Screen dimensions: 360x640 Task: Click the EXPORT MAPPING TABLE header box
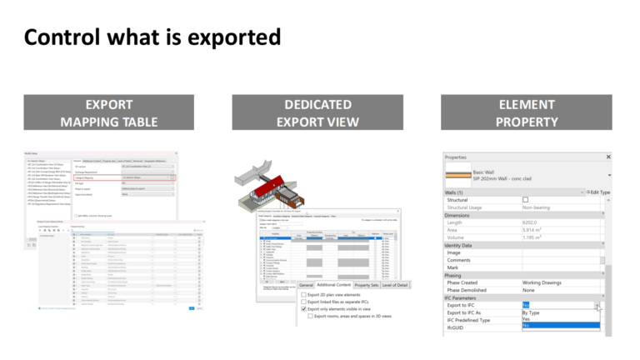coord(108,113)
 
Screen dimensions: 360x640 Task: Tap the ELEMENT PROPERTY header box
coord(527,113)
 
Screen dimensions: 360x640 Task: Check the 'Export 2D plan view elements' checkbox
coord(303,294)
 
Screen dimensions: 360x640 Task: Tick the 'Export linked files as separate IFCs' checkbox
coord(303,302)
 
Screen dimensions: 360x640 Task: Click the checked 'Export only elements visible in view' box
coord(303,309)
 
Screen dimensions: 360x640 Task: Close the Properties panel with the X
coord(607,157)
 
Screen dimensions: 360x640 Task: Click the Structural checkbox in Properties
coord(525,200)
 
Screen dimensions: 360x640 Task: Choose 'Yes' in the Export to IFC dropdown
coord(527,319)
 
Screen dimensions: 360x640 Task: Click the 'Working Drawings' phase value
coord(550,282)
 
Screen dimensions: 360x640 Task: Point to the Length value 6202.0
coord(533,222)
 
